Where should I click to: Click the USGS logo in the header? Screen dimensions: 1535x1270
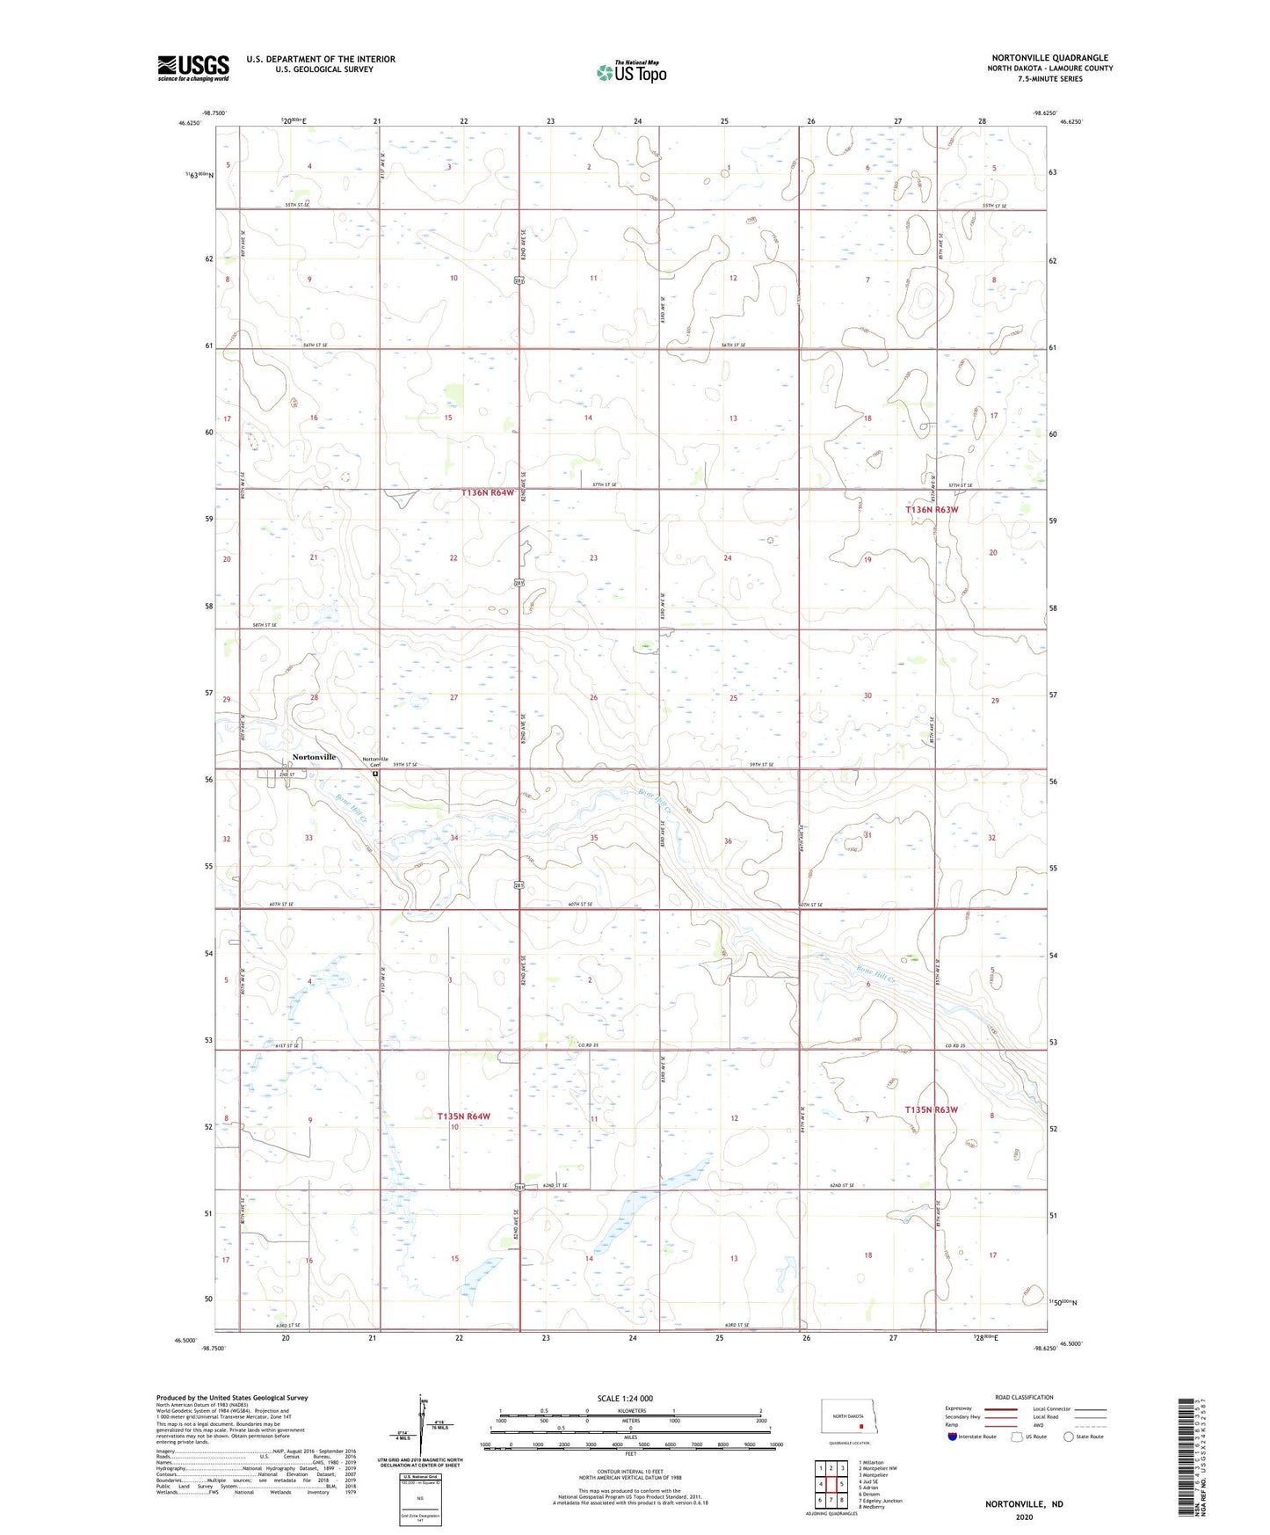pyautogui.click(x=193, y=68)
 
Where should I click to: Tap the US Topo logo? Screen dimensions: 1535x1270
pyautogui.click(x=630, y=71)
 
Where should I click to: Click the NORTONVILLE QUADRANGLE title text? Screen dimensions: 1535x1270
pyautogui.click(x=1049, y=58)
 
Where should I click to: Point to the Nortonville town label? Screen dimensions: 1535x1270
pyautogui.click(x=314, y=757)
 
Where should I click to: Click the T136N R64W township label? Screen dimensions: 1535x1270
pyautogui.click(x=488, y=493)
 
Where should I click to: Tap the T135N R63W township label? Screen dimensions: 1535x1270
pyautogui.click(x=932, y=1109)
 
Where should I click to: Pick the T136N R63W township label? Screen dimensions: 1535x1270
pyautogui.click(x=932, y=510)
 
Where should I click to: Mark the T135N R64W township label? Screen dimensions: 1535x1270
pyautogui.click(x=463, y=1116)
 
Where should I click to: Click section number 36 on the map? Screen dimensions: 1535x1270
pyautogui.click(x=728, y=841)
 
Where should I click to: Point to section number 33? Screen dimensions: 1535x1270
pyautogui.click(x=308, y=838)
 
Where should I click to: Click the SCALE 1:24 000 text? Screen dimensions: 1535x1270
pyautogui.click(x=625, y=1398)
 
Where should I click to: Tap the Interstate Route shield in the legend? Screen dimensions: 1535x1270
pyautogui.click(x=954, y=1437)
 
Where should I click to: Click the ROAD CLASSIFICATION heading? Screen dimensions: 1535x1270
pyautogui.click(x=1024, y=1397)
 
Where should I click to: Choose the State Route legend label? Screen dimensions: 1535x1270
pyautogui.click(x=1090, y=1437)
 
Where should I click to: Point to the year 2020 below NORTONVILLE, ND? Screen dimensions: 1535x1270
pyautogui.click(x=1024, y=1517)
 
